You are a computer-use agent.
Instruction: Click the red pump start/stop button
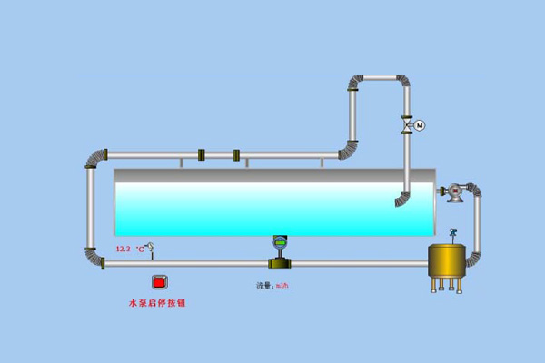click(x=159, y=281)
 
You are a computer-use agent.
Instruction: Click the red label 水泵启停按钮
click(x=159, y=303)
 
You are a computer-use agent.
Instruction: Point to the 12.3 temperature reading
click(x=124, y=249)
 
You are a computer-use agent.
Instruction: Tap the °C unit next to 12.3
click(x=141, y=249)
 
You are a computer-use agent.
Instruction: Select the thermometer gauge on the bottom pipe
click(x=151, y=247)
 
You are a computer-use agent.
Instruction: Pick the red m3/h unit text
click(x=282, y=286)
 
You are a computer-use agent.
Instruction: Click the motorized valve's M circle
click(x=420, y=124)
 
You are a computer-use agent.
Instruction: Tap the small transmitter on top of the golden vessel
click(x=452, y=234)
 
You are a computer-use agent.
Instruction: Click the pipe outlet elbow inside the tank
click(x=402, y=199)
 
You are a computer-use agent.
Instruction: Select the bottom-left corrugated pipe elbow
click(x=93, y=257)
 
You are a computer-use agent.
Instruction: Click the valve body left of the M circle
click(x=408, y=124)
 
